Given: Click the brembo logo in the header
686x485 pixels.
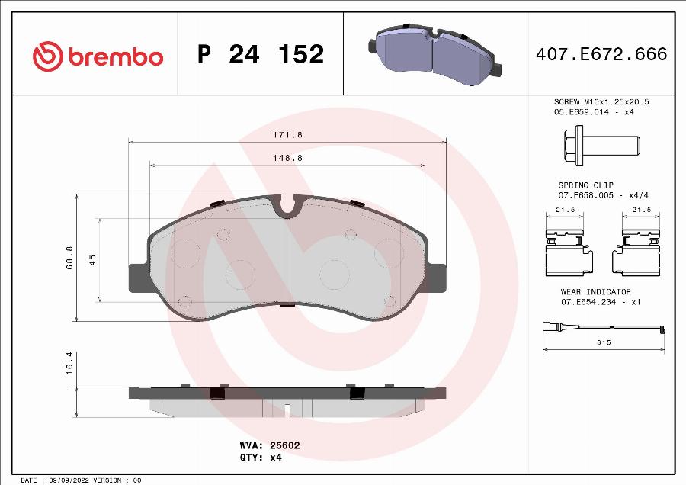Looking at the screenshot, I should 98,56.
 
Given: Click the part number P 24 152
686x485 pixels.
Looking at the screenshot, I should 261,55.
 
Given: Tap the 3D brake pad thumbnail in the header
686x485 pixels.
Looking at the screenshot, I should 438,52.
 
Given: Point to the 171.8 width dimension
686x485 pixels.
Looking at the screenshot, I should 287,134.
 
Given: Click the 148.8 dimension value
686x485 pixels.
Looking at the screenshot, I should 287,158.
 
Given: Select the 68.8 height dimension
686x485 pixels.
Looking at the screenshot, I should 70,257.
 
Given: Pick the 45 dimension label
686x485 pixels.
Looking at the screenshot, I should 93,260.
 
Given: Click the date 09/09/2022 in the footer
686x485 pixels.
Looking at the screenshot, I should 67,480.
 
